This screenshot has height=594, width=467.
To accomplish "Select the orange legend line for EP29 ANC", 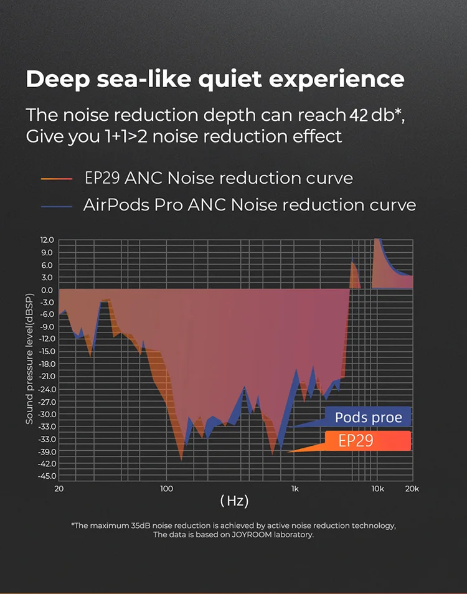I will coord(57,179).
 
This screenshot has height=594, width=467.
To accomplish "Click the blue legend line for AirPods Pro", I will coord(57,205).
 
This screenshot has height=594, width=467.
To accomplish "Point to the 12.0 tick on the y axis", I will coord(47,240).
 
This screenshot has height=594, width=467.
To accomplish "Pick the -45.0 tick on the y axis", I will coord(46,476).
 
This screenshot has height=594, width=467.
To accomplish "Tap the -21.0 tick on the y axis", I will coord(46,377).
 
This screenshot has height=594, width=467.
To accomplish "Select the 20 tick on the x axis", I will coord(59,489).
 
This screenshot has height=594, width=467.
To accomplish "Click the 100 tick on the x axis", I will coord(166,489).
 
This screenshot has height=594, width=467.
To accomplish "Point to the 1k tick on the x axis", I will coord(295,489).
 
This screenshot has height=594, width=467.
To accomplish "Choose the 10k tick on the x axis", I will coord(377,489).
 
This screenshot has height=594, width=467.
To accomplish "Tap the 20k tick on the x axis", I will coord(412,489).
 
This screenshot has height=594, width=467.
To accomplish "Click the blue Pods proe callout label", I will coord(368,417).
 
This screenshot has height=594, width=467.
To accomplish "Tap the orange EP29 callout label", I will coord(356,441).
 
